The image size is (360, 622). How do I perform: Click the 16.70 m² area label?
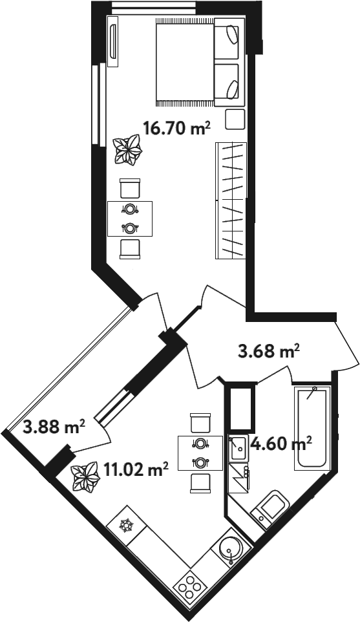176,129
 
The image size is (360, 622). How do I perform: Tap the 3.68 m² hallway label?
268,351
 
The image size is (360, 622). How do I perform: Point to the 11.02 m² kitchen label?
136,471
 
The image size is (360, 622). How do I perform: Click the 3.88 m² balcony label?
54,427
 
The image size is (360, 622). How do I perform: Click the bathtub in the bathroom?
312,427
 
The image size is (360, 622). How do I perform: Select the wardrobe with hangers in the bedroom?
231,200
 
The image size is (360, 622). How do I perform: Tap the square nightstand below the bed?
235,120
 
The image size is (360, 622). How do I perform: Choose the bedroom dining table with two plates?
130,219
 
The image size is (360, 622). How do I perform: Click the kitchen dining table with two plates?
200,453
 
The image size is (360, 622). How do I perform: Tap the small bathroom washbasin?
239,447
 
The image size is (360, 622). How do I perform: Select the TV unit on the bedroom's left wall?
113,41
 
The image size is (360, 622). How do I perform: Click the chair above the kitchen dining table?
200,422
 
